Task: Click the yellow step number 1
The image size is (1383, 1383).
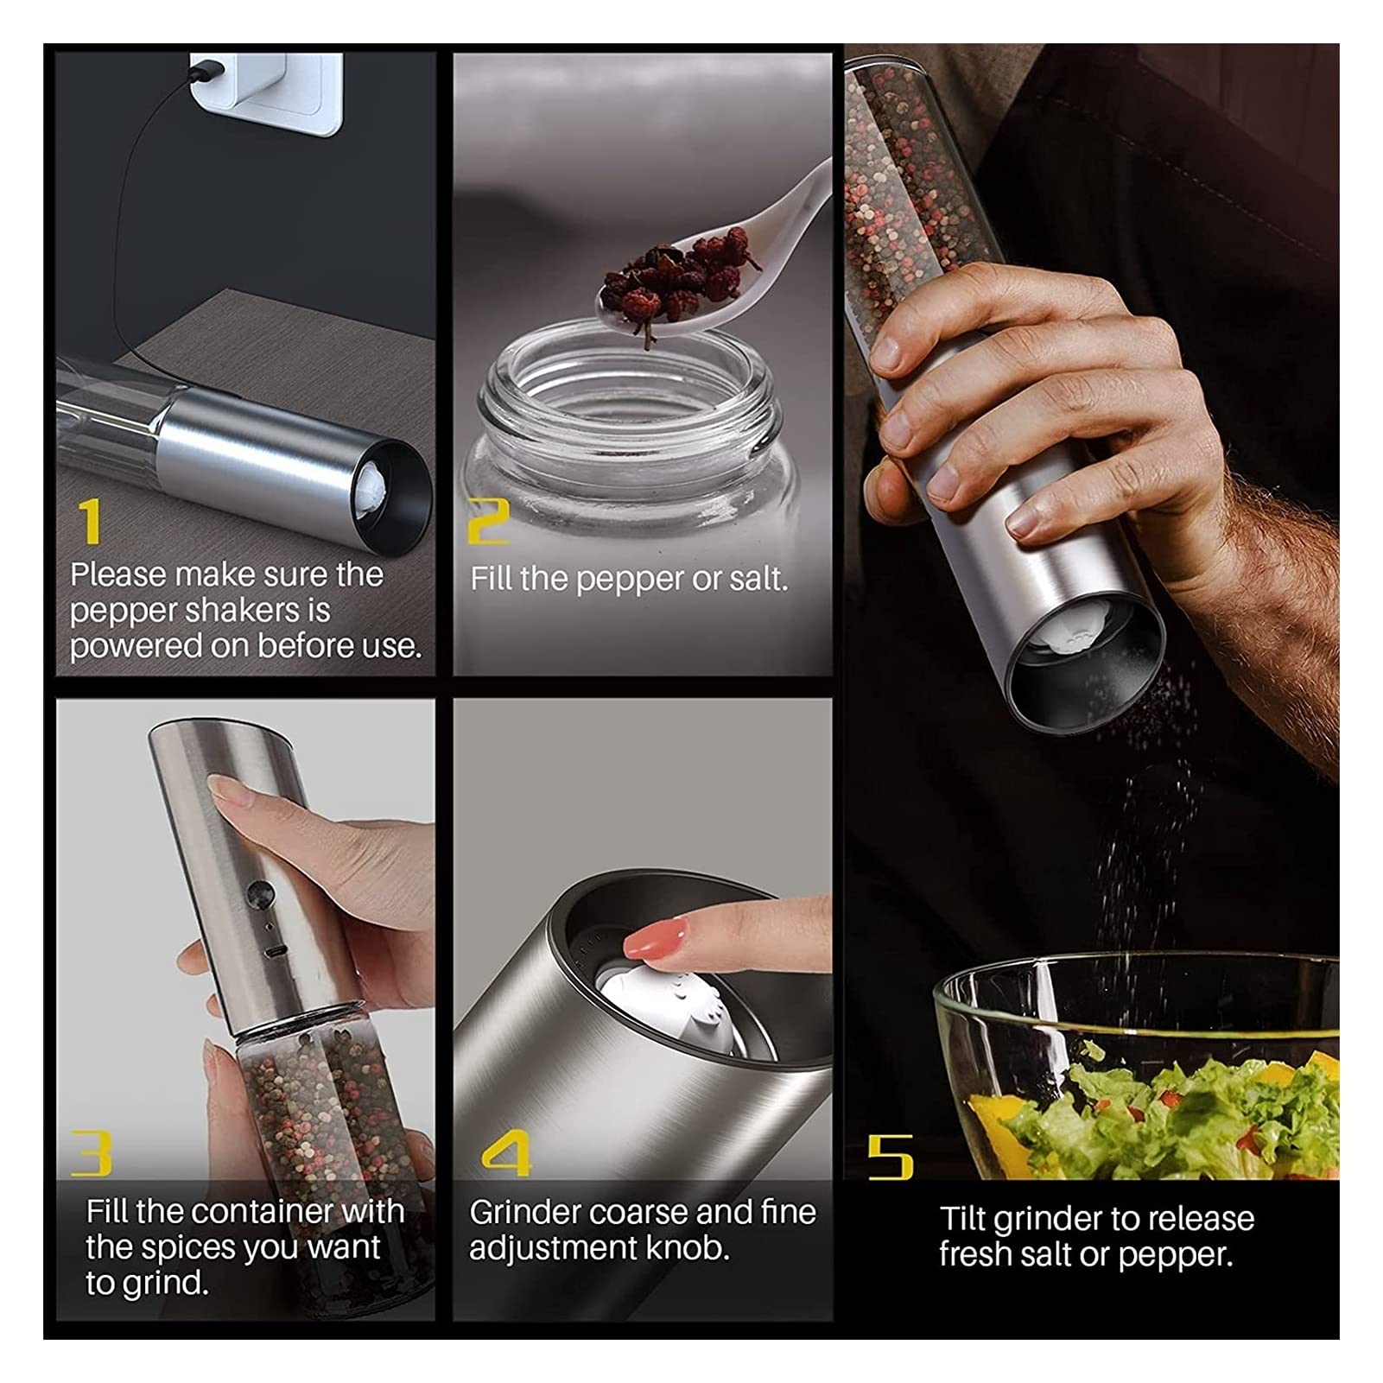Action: [x=90, y=521]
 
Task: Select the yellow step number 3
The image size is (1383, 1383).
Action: [x=92, y=1153]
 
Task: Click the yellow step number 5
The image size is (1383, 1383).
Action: [x=890, y=1157]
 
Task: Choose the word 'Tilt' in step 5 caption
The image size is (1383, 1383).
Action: [x=961, y=1219]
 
